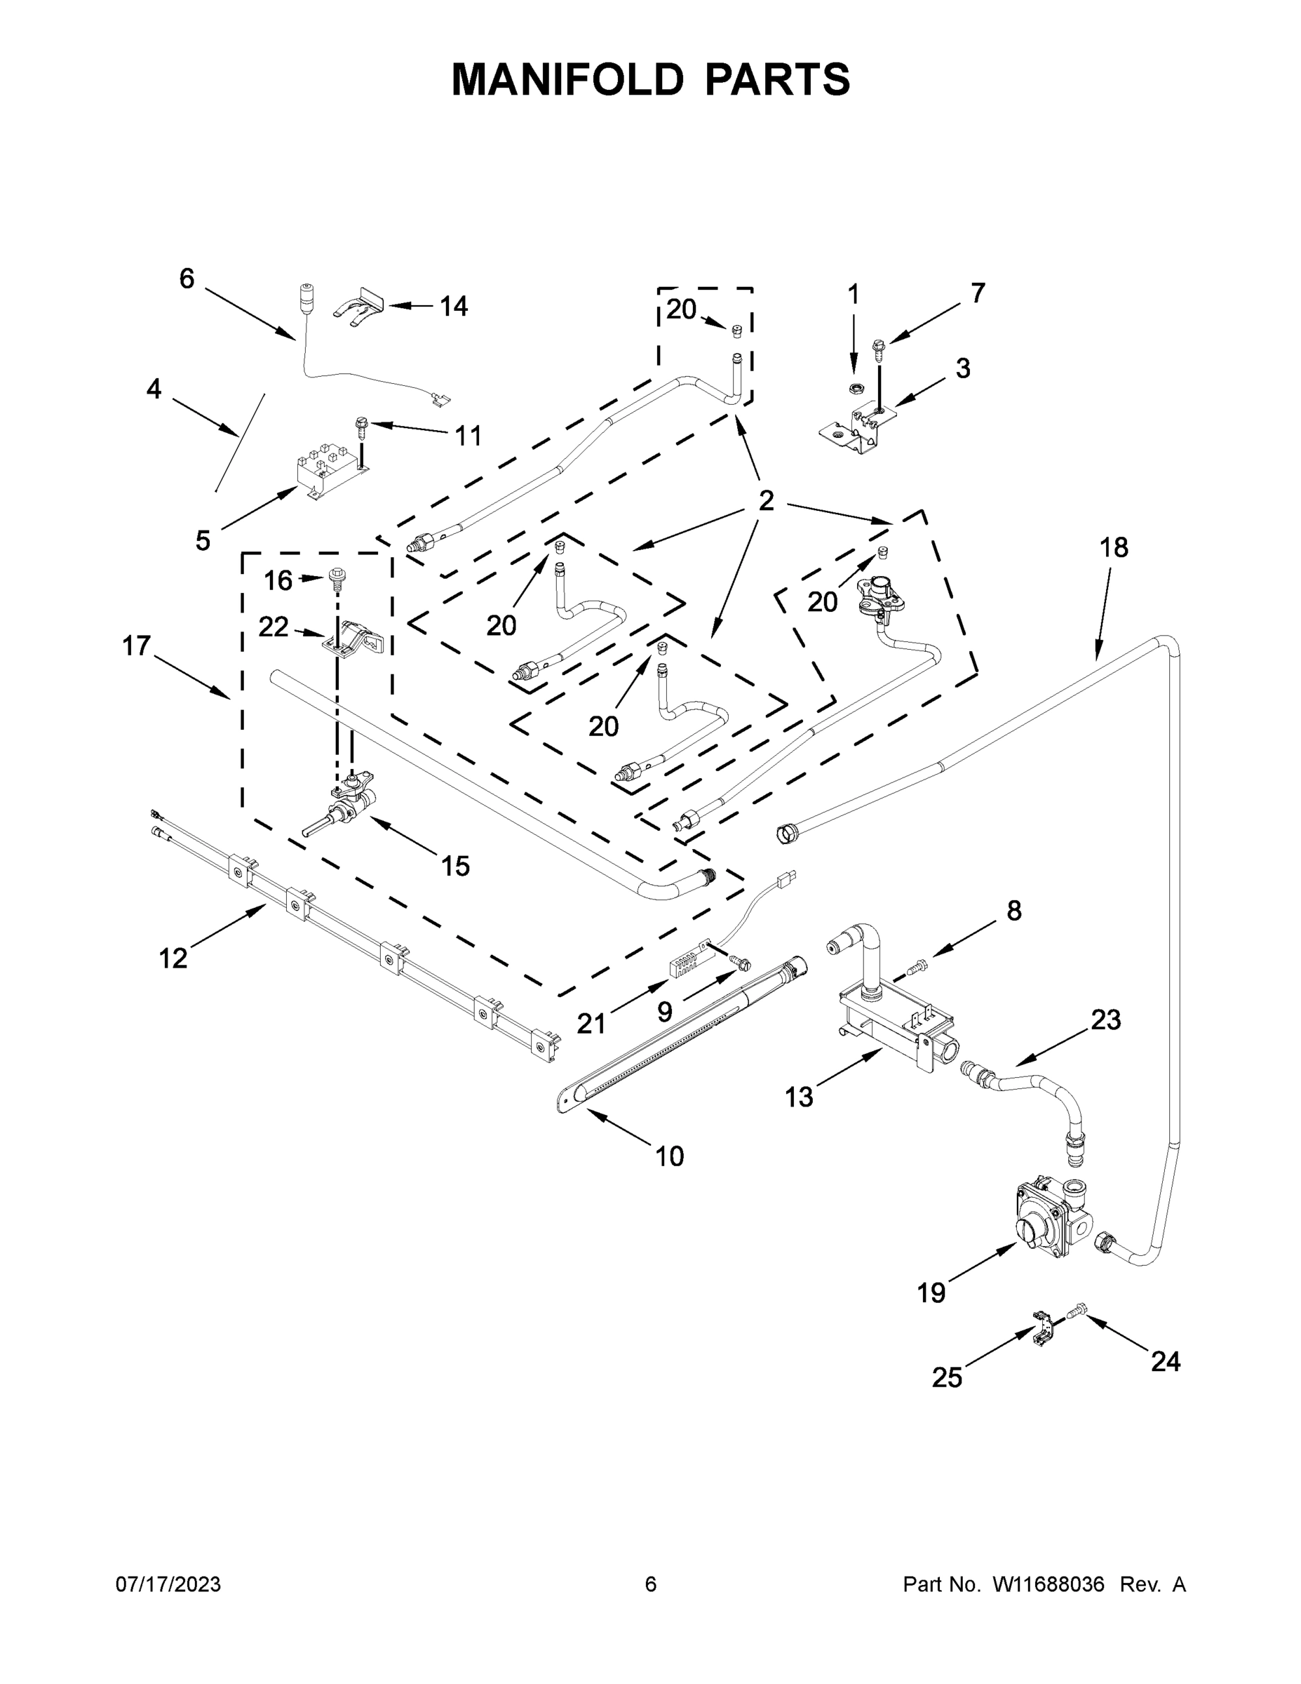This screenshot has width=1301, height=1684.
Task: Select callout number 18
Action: (x=1114, y=548)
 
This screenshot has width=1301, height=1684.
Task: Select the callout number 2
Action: (x=765, y=501)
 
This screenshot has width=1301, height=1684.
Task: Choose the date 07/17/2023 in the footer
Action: (x=168, y=1584)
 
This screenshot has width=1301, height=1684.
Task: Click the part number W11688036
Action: (x=1049, y=1584)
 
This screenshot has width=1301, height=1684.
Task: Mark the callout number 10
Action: (x=669, y=1177)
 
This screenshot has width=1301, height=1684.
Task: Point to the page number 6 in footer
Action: (x=651, y=1584)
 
